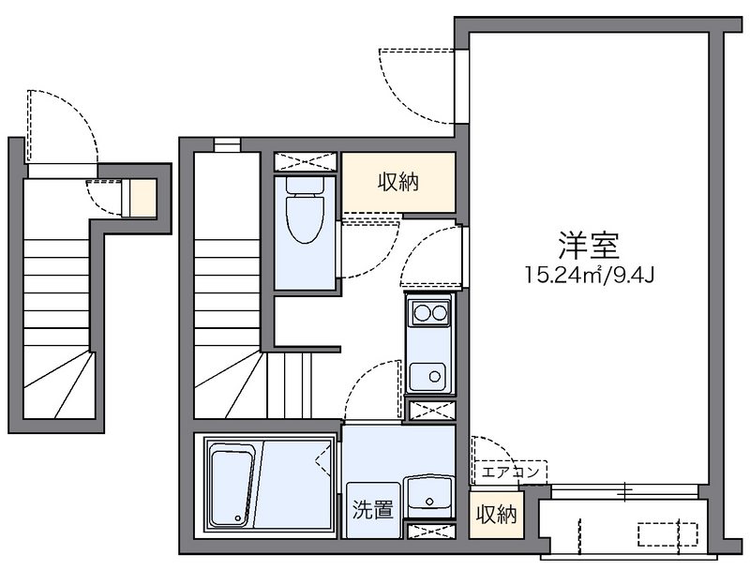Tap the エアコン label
[510, 472]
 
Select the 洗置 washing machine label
[372, 511]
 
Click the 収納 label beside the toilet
[398, 182]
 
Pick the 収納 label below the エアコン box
[496, 514]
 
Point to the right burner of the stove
[439, 312]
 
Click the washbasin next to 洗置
[429, 498]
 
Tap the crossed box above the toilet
[307, 160]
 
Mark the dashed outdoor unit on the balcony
[667, 534]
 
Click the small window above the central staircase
[227, 144]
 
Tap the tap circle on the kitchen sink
[436, 377]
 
